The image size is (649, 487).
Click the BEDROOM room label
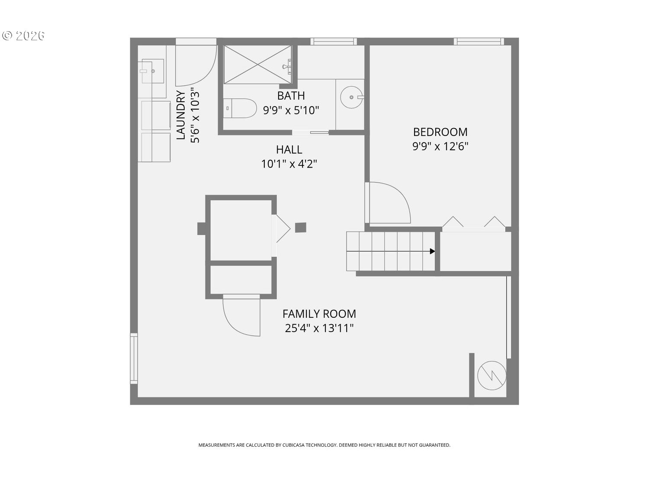(440, 132)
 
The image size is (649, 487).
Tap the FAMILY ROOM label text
(319, 314)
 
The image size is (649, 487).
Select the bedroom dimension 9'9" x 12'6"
(440, 146)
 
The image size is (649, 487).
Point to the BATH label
(291, 96)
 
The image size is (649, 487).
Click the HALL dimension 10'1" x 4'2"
(289, 164)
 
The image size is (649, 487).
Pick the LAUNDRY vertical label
(181, 115)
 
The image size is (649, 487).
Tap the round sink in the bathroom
(351, 97)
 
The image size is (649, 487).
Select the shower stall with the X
(257, 65)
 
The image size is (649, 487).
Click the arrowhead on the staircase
(432, 251)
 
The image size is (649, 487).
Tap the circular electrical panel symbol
(492, 375)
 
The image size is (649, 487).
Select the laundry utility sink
(152, 71)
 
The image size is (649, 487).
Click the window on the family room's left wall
(134, 358)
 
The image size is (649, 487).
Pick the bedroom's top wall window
(479, 42)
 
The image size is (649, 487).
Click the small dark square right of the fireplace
(301, 227)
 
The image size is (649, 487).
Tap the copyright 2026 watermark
(24, 35)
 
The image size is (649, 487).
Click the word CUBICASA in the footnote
(293, 445)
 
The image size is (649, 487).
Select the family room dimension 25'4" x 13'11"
(319, 328)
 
